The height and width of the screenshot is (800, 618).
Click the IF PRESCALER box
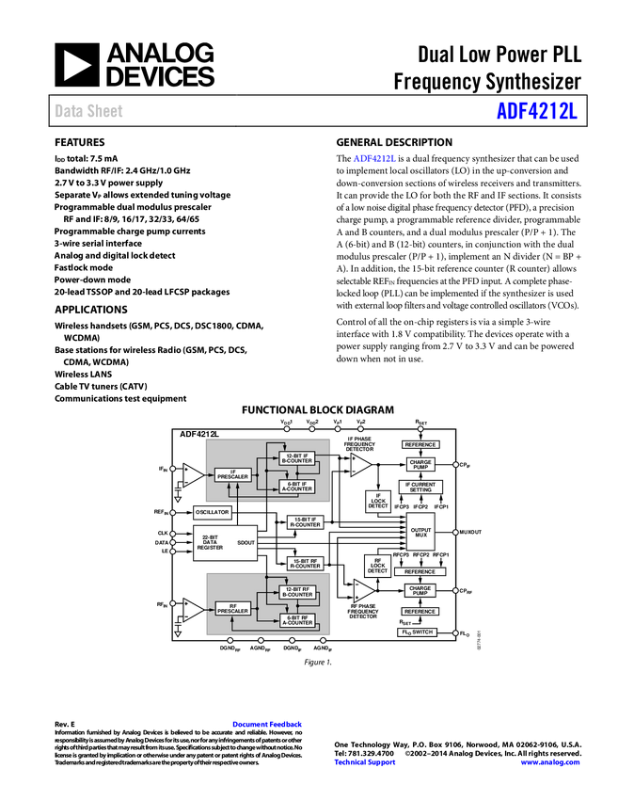point(232,475)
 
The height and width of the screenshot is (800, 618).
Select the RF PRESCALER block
point(232,609)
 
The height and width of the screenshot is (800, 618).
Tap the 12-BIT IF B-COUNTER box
point(297,458)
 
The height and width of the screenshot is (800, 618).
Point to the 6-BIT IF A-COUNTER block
point(297,487)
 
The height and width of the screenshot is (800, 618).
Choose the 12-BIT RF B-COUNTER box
point(297,591)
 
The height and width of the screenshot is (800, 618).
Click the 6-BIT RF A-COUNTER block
point(297,620)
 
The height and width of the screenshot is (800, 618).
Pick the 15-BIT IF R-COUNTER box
point(305,522)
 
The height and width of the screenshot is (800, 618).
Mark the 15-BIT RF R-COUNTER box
point(305,563)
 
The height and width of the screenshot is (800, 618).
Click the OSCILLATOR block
point(213,512)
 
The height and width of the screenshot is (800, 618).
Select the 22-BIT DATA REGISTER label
point(211,543)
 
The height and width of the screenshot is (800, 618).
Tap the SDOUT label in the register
point(246,543)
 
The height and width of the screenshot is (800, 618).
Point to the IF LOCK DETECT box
point(378,502)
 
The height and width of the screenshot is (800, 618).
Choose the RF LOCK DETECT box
point(378,566)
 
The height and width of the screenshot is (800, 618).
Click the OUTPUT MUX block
point(420,533)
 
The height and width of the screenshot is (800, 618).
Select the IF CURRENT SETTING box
point(420,487)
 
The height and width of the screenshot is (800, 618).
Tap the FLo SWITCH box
point(417,632)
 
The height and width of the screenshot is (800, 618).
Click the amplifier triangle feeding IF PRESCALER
point(192,475)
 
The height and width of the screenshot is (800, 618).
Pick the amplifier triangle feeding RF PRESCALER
point(192,609)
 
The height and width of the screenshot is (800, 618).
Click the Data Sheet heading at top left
point(89,111)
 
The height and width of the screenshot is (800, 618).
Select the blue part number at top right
point(536,111)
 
